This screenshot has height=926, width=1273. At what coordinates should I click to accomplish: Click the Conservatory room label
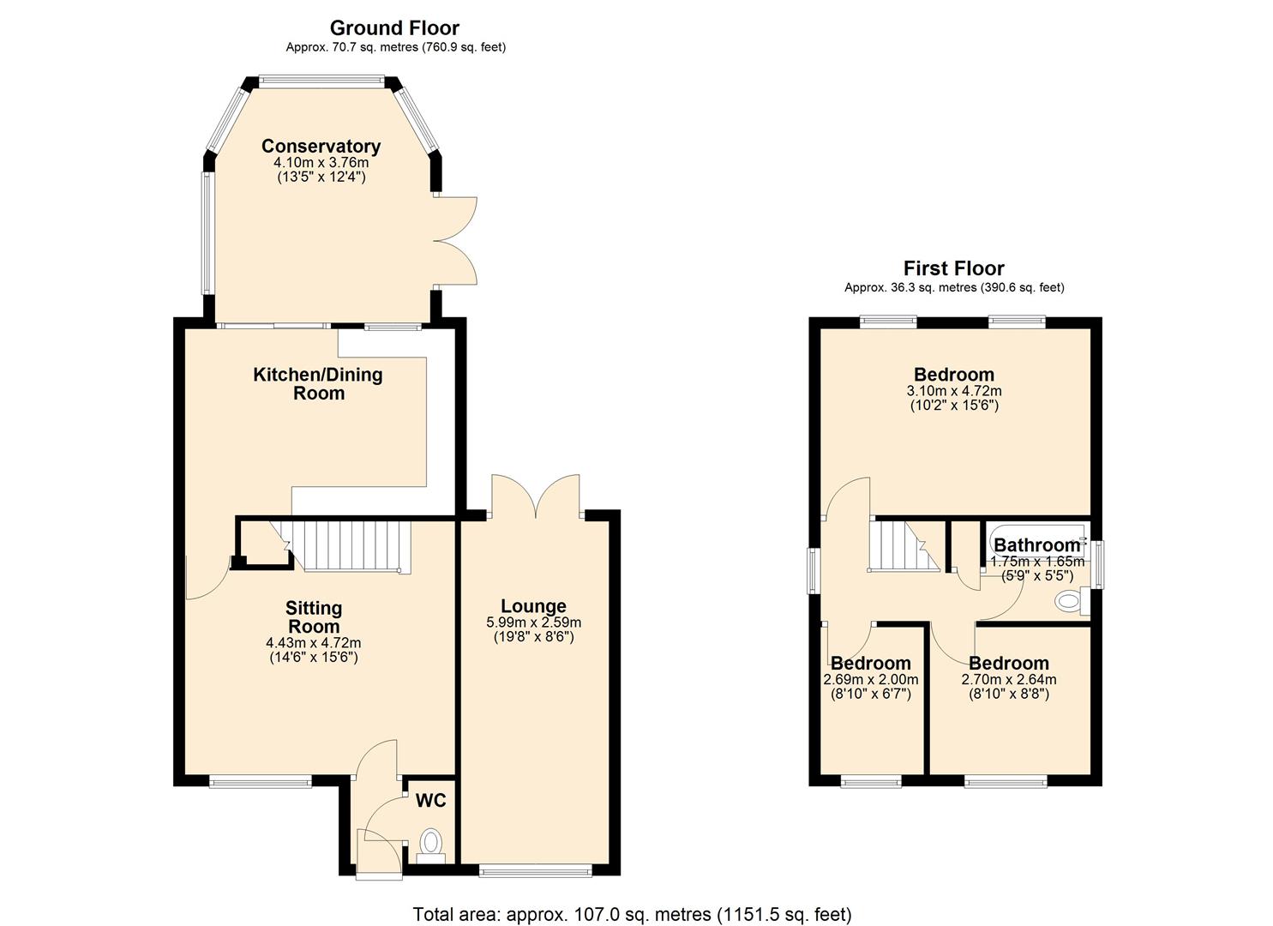pos(321,146)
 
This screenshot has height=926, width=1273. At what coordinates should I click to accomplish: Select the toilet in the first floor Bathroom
pos(1068,600)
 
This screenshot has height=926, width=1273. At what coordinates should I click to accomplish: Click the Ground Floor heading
pos(394,28)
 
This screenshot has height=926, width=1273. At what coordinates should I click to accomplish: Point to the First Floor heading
pos(953,268)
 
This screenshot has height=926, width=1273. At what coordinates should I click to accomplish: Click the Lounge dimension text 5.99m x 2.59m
pos(533,622)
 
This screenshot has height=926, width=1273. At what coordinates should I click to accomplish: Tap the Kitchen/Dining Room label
pos(318,384)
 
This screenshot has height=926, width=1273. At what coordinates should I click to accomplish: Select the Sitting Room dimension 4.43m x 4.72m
pos(313,643)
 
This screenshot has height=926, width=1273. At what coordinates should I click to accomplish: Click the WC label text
pos(430,801)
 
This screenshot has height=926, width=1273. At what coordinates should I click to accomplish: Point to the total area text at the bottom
pos(632,914)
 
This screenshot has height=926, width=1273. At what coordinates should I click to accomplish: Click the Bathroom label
pos(1036,545)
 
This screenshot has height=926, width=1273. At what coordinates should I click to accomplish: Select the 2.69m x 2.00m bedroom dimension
pos(870,679)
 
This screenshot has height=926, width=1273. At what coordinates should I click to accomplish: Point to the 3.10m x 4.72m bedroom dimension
pos(953,391)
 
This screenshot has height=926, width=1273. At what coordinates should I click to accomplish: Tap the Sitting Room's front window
pos(261,781)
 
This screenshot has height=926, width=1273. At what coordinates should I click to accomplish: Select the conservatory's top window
pos(321,82)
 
